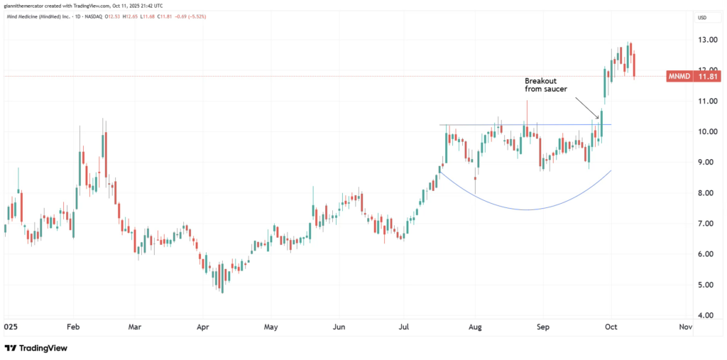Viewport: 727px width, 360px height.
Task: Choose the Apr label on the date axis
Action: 204,327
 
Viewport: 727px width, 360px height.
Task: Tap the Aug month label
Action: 475,327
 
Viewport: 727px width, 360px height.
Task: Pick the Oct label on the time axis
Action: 610,327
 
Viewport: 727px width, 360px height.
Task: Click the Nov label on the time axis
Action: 685,327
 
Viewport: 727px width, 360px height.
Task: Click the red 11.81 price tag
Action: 706,76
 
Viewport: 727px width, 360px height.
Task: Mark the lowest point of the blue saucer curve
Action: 527,209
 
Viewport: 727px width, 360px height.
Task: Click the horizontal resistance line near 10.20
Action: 525,125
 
